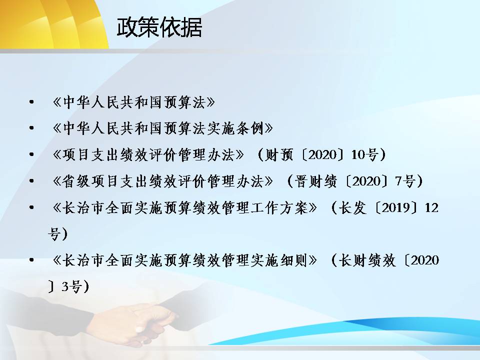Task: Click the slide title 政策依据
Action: pos(159,27)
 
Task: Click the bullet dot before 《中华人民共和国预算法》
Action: pos(31,102)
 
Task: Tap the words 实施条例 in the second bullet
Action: pos(235,128)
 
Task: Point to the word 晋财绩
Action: pos(316,181)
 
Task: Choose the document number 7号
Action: pos(405,181)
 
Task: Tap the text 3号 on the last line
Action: pos(71,287)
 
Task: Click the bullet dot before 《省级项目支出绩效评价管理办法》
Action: pos(31,181)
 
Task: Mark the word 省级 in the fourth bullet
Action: pos(76,181)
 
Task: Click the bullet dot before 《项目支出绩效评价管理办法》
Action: pos(31,155)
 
